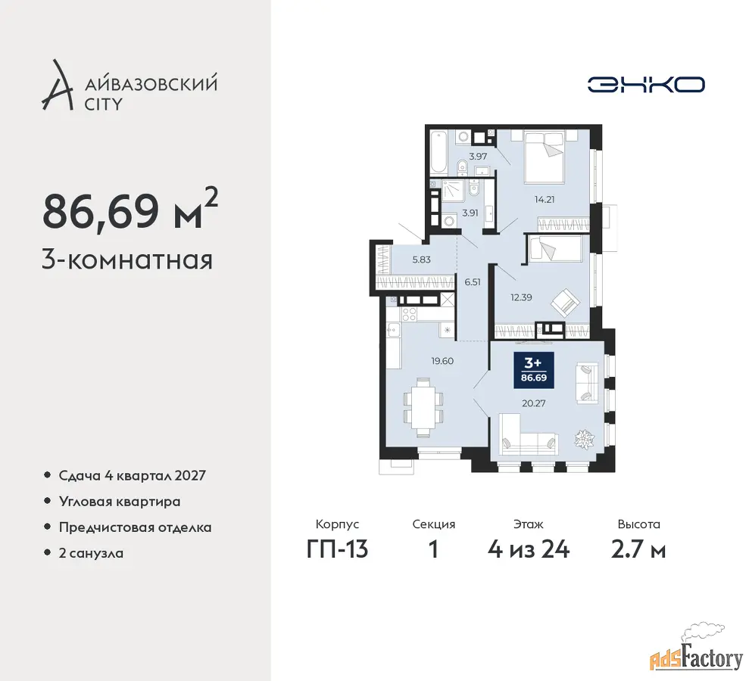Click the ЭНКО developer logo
point(646,85)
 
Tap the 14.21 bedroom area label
point(544,199)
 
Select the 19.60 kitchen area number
point(442,361)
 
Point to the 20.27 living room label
point(533,403)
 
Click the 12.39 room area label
point(521,297)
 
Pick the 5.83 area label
point(422,260)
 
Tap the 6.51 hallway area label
point(473,282)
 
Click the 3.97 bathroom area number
point(478,156)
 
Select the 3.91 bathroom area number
point(470,213)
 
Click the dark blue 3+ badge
point(534,370)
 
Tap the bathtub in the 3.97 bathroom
point(438,153)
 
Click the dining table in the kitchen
point(423,408)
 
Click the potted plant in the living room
point(585,439)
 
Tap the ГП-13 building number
point(337,549)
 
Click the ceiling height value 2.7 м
point(638,549)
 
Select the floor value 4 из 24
point(529,549)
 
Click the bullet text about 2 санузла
point(91,554)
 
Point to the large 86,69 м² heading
point(130,210)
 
